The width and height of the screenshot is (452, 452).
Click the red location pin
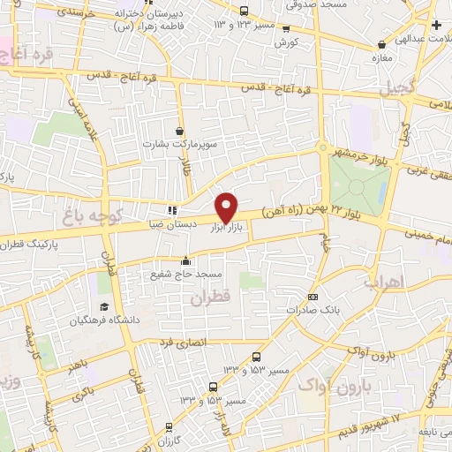227,207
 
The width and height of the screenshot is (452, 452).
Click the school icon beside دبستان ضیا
171,210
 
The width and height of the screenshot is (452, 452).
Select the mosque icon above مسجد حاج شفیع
185,260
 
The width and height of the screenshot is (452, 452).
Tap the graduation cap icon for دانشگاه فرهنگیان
104,306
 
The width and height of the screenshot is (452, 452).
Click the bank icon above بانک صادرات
313,297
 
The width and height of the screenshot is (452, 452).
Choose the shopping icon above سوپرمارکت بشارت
180,131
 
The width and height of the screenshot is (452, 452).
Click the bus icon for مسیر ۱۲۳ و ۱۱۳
245,11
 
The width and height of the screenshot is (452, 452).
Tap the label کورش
283,41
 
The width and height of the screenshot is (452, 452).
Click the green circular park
358,182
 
